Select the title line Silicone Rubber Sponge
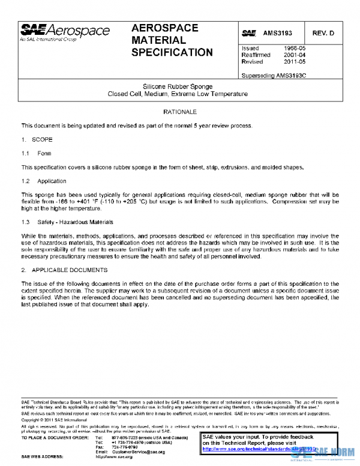pos(177,86)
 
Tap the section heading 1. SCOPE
pos(37,139)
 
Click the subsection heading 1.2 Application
pos(44,181)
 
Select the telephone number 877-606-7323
pos(124,438)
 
